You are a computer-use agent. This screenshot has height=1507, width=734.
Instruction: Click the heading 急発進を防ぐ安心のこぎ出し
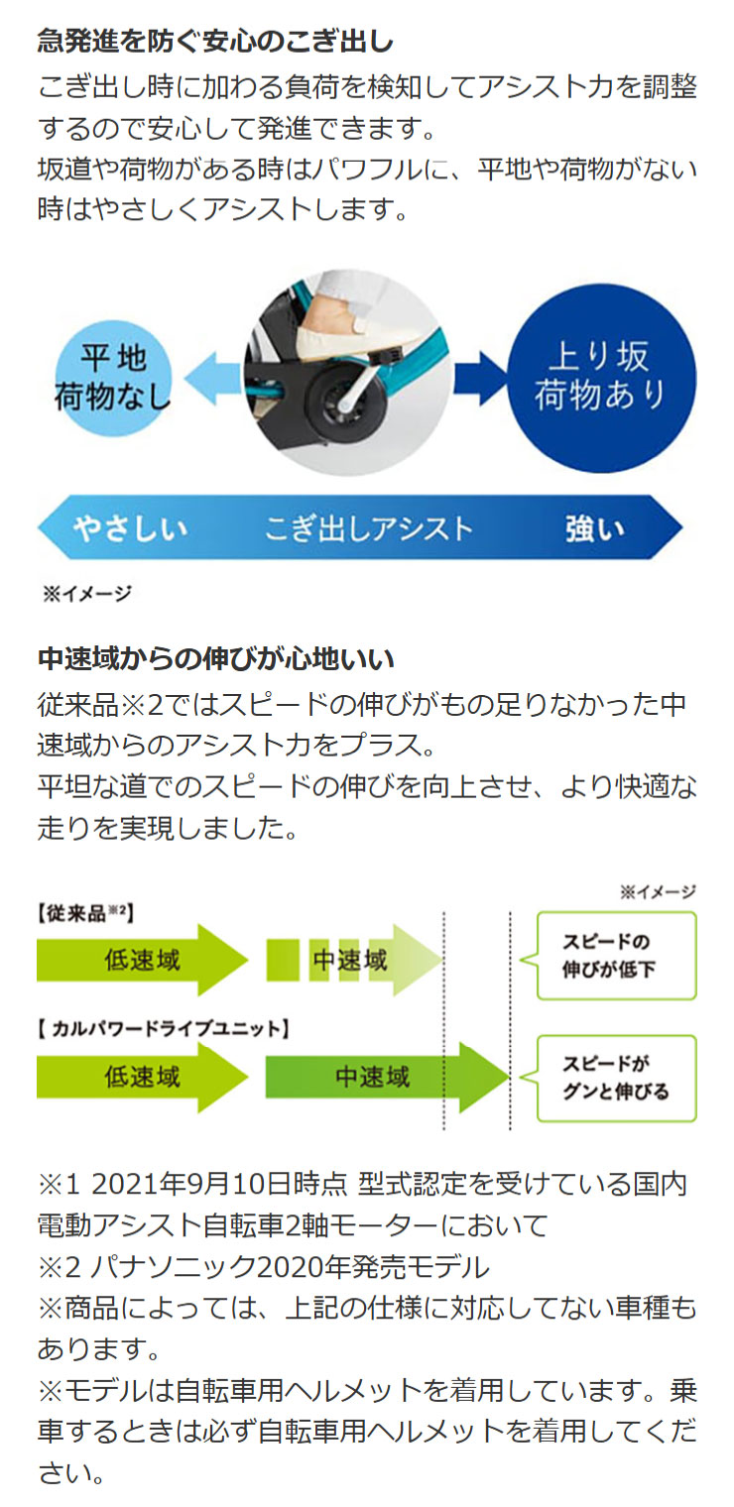(215, 43)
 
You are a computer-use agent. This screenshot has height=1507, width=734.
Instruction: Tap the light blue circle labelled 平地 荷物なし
(112, 378)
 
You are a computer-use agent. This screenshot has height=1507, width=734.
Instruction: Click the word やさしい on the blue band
(130, 527)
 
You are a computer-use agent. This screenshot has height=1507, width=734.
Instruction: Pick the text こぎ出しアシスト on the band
(369, 527)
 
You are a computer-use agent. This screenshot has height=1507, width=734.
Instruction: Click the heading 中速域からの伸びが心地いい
(215, 658)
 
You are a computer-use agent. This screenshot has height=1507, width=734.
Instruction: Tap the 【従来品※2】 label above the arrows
(86, 911)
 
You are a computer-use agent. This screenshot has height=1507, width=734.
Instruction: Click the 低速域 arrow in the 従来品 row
(142, 960)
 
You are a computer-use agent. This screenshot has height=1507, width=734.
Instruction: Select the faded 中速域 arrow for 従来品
(353, 960)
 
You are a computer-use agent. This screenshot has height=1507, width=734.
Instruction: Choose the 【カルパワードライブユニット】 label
(165, 1028)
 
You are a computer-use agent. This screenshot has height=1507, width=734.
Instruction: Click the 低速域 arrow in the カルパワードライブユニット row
(142, 1077)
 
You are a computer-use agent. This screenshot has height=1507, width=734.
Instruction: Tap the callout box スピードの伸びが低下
(615, 955)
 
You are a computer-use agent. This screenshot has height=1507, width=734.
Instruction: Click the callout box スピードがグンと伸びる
(615, 1078)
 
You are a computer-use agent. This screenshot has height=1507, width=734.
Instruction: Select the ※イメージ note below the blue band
(87, 594)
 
